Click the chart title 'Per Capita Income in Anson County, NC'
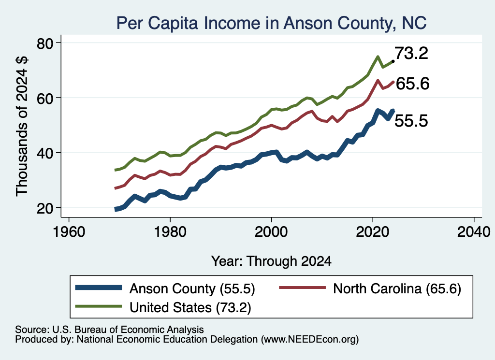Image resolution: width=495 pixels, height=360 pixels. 272,23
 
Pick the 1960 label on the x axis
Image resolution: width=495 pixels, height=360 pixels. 69,232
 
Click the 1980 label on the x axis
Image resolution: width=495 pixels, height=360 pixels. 170,232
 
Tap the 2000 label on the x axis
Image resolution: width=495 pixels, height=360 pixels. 271,232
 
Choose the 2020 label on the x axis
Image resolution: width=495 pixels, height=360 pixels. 373,232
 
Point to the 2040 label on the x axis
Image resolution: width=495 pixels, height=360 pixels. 474,232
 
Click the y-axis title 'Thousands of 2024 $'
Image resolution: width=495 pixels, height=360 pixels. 22,126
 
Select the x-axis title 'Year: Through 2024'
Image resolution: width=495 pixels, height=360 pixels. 272,261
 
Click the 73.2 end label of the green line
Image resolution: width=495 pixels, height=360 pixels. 411,53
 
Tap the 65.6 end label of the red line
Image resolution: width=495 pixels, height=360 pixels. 413,84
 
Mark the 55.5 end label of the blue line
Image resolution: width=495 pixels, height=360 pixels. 411,121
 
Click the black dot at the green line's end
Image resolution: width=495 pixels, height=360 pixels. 393,61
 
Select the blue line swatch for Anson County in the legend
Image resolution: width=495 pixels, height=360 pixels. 99,288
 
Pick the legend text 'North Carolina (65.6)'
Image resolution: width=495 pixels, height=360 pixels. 397,288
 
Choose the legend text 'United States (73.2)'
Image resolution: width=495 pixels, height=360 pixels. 190,307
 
